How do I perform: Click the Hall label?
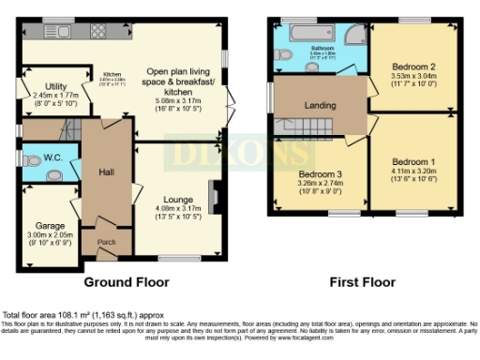(x=105, y=172)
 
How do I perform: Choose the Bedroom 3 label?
(x=319, y=174)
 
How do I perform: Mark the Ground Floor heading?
(x=127, y=281)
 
